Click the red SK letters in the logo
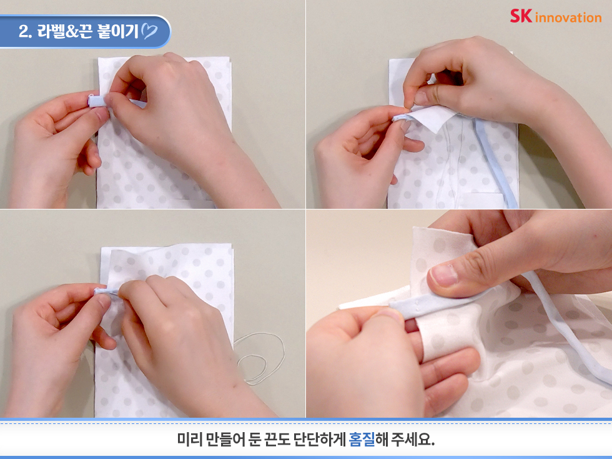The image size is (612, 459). pos(521,16)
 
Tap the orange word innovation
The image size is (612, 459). pos(568,18)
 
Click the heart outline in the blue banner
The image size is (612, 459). pos(149,31)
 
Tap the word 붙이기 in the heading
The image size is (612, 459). pos(117,31)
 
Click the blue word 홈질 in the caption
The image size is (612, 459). pos(362,439)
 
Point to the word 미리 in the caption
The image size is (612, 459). pos(190,439)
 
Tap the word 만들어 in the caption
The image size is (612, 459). pos(225,439)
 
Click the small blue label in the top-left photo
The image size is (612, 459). pos(96,101)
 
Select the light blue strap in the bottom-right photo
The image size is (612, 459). pos(566,325)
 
